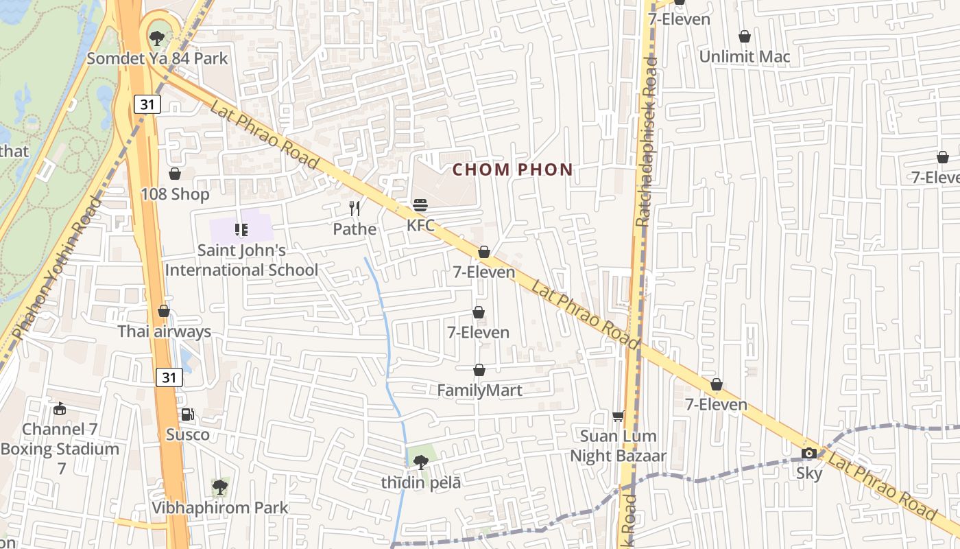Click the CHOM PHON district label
tap(513, 170)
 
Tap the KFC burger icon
tap(420, 205)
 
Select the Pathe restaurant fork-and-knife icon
tap(355, 209)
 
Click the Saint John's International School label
tap(242, 260)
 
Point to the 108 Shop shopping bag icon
tap(175, 174)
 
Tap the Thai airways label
tap(164, 332)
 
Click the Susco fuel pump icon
tap(187, 414)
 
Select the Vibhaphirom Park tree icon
tap(219, 487)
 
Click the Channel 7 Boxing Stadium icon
tap(60, 409)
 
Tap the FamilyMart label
tap(480, 390)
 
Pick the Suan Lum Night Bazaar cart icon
tap(618, 416)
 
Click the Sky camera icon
tap(809, 453)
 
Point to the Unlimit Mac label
tap(745, 57)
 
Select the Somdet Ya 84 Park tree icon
tap(157, 36)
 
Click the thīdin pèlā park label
tap(421, 482)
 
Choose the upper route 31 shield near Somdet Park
tap(147, 104)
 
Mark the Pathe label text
tap(355, 229)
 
